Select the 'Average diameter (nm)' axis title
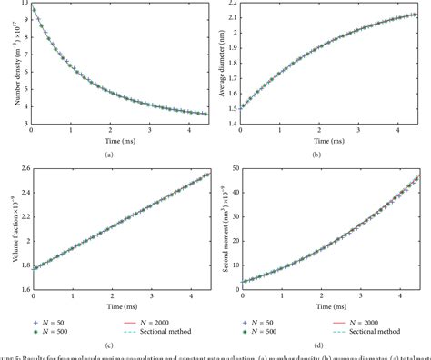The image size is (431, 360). coord(226,65)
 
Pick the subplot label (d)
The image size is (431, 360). coord(328,346)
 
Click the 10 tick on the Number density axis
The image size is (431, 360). coord(24,5)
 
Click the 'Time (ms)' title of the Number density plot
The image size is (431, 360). coord(110,143)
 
